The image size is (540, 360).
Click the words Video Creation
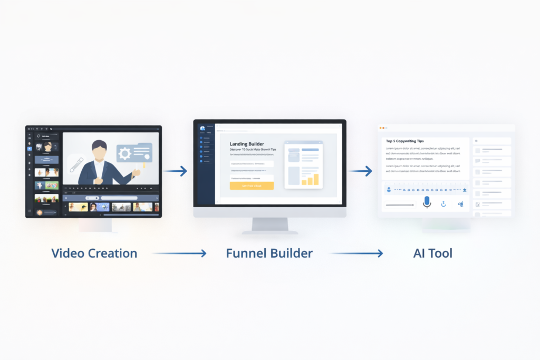(x=94, y=253)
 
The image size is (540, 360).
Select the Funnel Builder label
(x=269, y=253)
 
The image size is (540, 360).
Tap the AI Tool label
(x=432, y=253)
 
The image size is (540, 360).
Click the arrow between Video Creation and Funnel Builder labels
(x=180, y=254)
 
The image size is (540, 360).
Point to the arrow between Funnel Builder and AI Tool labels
(x=356, y=254)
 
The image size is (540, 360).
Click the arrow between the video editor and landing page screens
(x=176, y=171)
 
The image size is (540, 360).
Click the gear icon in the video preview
(x=125, y=154)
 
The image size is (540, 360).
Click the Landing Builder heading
(x=247, y=144)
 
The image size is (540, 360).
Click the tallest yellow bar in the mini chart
(x=316, y=179)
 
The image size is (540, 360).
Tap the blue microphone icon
(x=427, y=203)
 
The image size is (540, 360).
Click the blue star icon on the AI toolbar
(x=465, y=190)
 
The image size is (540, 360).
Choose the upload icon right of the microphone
(x=443, y=204)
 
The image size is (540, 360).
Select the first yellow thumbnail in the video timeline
(x=78, y=207)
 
